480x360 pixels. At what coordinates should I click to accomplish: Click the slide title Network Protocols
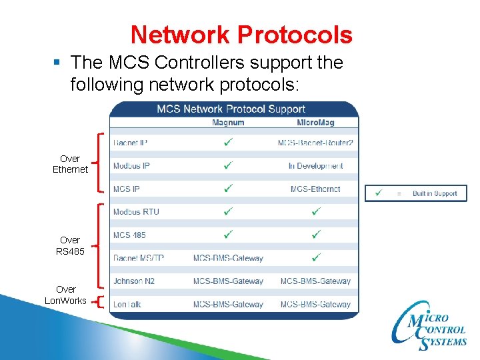(x=241, y=34)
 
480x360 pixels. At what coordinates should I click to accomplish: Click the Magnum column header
(x=228, y=122)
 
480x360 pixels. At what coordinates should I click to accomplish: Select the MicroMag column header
(x=315, y=122)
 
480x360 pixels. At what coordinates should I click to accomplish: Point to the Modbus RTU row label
(x=136, y=212)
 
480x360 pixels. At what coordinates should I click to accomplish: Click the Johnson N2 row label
(x=133, y=281)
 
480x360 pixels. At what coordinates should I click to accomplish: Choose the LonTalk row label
(x=127, y=304)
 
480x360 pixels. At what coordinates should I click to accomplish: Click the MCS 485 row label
(x=129, y=235)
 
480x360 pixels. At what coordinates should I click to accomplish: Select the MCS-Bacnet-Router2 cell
(x=315, y=143)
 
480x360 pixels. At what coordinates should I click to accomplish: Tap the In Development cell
(x=315, y=166)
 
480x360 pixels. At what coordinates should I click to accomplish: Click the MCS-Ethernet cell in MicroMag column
(x=315, y=189)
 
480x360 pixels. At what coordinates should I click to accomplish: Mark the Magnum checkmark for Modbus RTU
(x=228, y=212)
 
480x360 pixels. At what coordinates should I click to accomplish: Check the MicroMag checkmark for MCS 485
(x=316, y=235)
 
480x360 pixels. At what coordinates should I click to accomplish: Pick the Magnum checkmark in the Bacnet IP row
(x=228, y=142)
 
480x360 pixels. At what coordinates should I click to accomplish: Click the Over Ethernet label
(x=70, y=164)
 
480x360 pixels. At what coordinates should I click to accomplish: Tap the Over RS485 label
(x=70, y=245)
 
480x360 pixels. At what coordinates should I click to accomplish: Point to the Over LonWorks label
(x=65, y=295)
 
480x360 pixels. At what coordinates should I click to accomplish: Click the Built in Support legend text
(x=435, y=193)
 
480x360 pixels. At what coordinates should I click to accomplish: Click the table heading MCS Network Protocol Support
(x=231, y=109)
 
